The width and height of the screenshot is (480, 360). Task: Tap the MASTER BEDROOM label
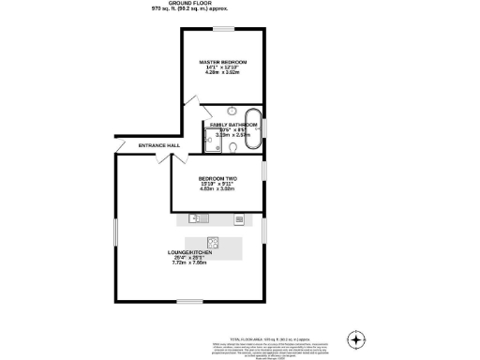click(222, 63)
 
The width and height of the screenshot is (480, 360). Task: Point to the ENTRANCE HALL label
click(158, 145)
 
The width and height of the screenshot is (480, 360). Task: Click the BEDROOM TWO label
click(217, 178)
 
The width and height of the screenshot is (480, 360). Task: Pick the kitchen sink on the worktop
click(196, 218)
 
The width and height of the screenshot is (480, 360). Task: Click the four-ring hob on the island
click(213, 241)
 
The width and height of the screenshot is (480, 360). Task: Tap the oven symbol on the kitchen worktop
click(239, 219)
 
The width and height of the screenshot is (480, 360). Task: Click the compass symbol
click(355, 339)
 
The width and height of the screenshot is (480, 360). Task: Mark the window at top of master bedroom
click(222, 30)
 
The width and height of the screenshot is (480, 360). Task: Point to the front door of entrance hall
click(121, 147)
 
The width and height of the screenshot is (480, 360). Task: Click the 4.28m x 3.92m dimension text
click(221, 74)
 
